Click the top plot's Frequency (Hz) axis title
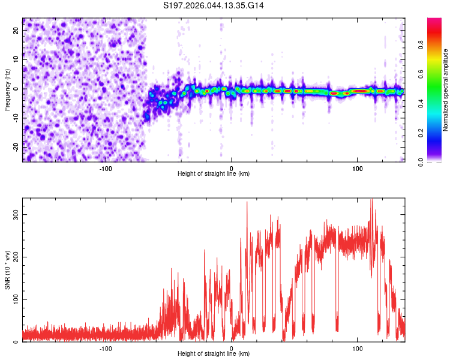click(7, 89)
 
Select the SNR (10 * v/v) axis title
click(7, 269)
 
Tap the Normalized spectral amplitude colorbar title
click(446, 90)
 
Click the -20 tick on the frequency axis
click(15, 146)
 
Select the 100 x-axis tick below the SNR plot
click(358, 348)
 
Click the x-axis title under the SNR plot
click(214, 354)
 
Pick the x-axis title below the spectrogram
click(214, 173)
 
